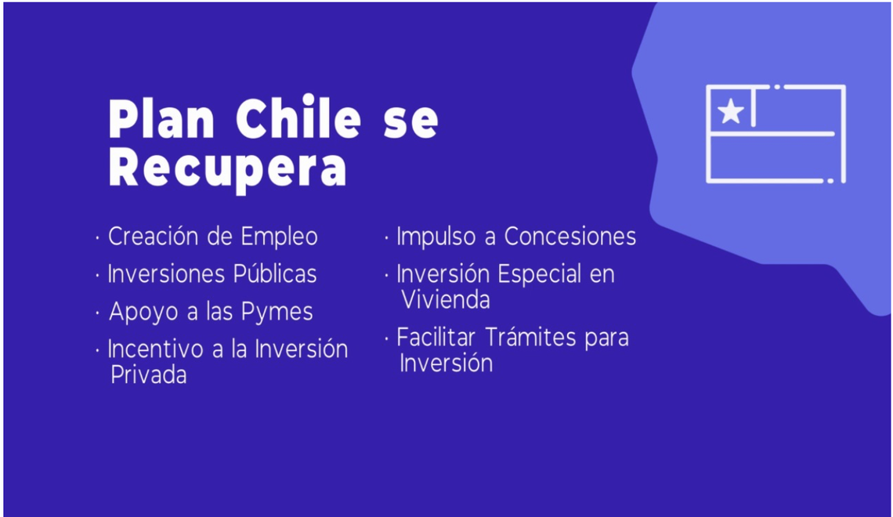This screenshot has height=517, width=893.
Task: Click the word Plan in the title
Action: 161,119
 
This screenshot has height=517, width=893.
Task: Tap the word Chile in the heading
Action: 298,118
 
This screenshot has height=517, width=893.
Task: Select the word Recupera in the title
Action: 227,168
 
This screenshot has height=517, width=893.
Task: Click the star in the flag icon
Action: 731,110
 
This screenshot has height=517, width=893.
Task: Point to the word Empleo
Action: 279,237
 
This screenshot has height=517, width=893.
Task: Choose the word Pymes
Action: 277,313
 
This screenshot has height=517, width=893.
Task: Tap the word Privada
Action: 149,374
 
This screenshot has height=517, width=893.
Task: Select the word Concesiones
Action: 570,237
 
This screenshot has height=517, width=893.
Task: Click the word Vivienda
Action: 446,299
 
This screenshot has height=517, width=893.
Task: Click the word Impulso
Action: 436,237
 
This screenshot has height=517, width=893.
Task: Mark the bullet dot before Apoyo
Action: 97,312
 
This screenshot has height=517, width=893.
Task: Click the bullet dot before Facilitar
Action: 386,338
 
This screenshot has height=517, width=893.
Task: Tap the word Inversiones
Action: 166,274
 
